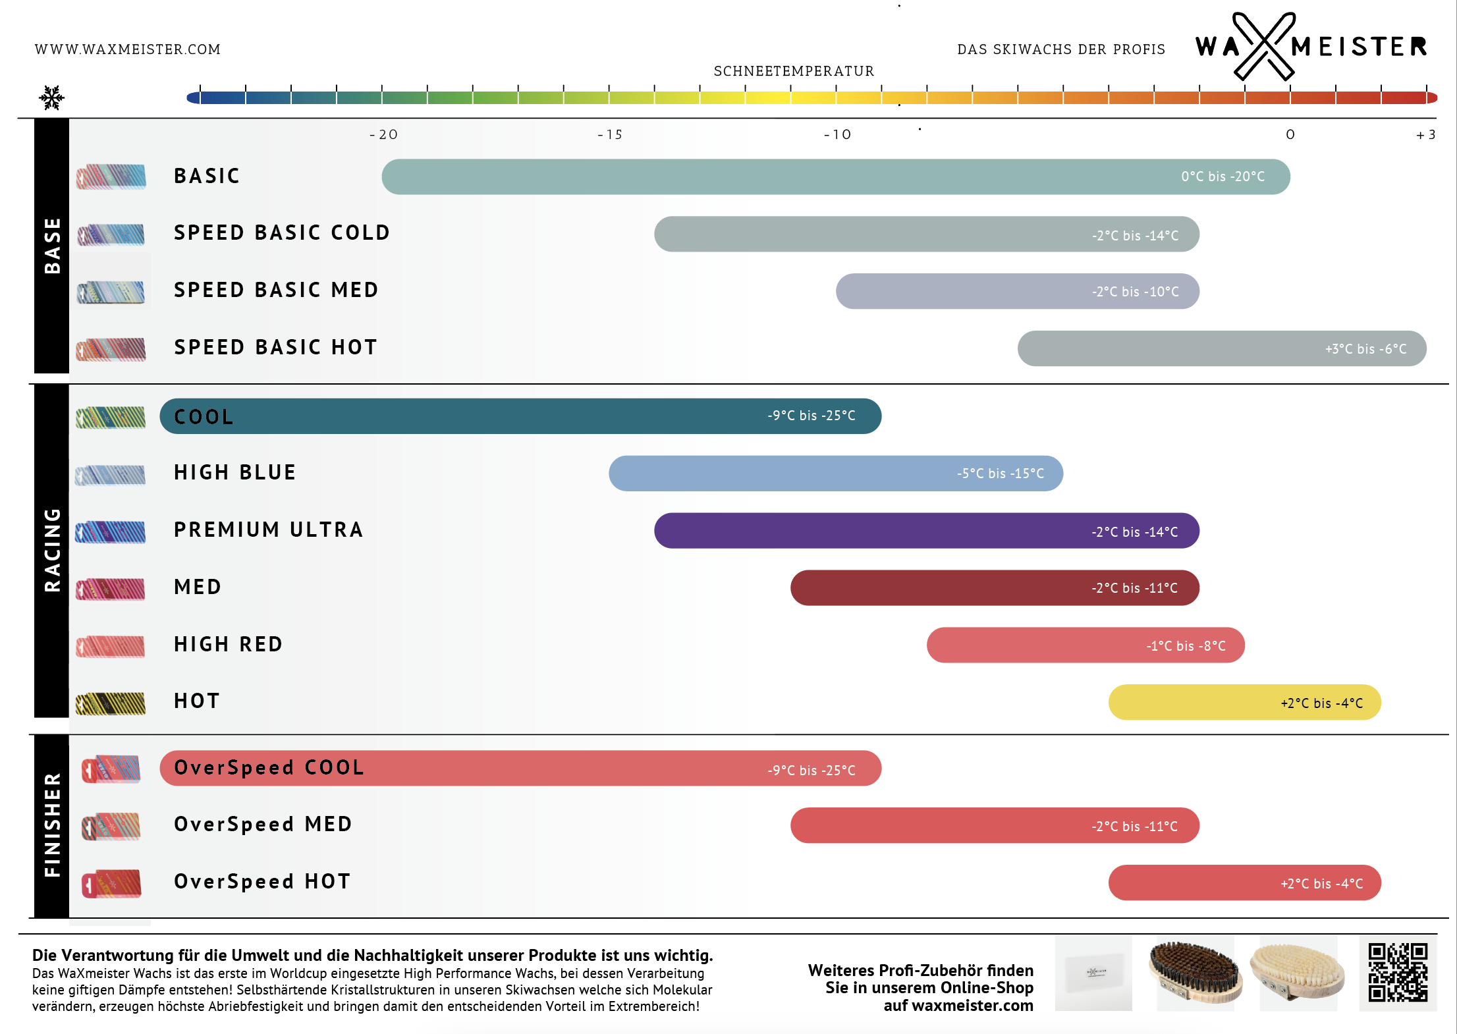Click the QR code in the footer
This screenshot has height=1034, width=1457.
pos(1398,972)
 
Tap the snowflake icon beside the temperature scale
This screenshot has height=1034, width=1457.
pos(51,98)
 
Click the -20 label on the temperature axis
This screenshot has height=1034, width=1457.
pos(383,135)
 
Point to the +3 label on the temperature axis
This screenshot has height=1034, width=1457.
pos(1425,135)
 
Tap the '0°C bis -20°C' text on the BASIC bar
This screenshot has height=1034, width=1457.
pos(1223,177)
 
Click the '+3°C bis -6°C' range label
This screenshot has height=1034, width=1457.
pos(1365,349)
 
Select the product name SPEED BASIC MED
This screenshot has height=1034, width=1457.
pos(276,290)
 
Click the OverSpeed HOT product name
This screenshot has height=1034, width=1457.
pos(262,881)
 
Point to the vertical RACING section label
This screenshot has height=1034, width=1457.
pos(52,550)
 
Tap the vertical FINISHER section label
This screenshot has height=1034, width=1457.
pos(52,825)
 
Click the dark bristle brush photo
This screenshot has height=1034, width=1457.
pos(1195,972)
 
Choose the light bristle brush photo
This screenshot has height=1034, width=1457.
pos(1298,972)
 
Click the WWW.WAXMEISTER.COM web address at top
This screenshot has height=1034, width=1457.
pos(128,49)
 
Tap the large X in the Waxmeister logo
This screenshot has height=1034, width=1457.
pos(1263,46)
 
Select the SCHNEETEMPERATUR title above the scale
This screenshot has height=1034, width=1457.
pos(794,71)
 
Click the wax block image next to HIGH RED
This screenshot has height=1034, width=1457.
pos(110,645)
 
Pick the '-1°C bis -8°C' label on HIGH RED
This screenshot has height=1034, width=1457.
pos(1186,646)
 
